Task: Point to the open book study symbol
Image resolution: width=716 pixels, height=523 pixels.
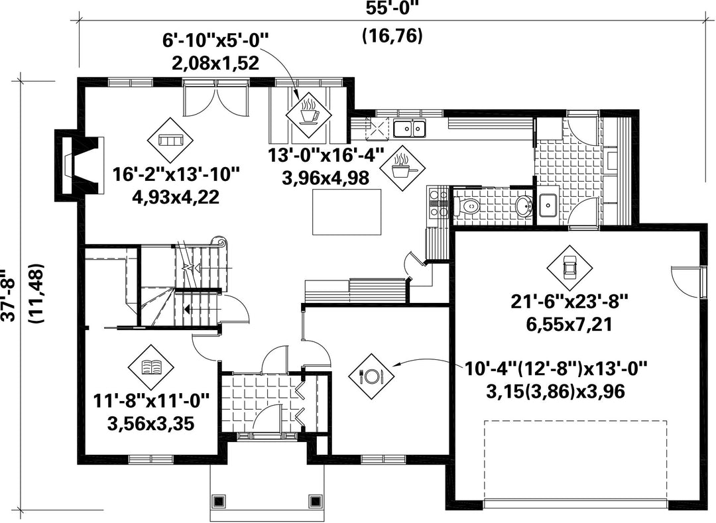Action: tap(151, 365)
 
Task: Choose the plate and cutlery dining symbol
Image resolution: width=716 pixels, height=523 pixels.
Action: tap(371, 376)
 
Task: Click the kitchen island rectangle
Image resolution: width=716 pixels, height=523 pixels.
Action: tap(347, 211)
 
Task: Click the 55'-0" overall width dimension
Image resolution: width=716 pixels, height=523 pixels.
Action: tap(392, 8)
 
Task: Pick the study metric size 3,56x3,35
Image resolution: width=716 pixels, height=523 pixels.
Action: tap(151, 424)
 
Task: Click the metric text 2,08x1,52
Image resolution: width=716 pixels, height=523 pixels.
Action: tap(215, 62)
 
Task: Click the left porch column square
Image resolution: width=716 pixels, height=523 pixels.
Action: tap(219, 500)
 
